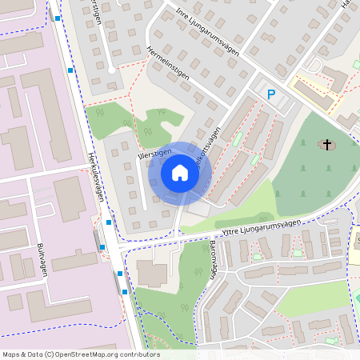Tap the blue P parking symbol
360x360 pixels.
[271, 94]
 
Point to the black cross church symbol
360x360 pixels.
[326, 145]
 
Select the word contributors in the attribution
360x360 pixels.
[142, 354]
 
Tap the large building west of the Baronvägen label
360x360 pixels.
[153, 273]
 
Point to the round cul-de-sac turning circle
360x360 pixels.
[111, 70]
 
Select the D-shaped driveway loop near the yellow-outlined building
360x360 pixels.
[314, 63]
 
